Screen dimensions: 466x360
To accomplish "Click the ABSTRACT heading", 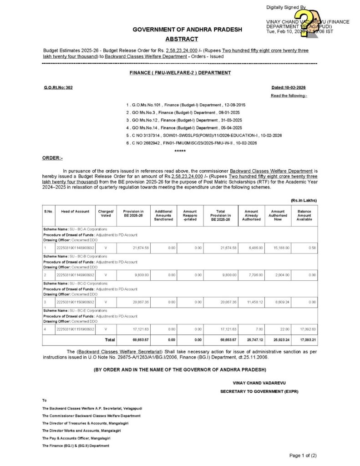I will [x=182, y=39].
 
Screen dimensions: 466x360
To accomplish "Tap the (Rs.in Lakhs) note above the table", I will [x=304, y=200].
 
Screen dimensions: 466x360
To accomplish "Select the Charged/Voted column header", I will [x=105, y=213].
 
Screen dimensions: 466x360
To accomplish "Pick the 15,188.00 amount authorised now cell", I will [x=278, y=248].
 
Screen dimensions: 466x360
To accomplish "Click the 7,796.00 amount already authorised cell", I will [x=252, y=275].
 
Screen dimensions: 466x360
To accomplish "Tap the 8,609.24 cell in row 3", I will [x=278, y=302].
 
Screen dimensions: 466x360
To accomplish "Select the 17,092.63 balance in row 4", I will [x=304, y=329].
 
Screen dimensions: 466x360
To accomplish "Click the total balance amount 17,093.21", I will [x=304, y=339].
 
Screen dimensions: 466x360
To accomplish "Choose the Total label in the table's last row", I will [x=110, y=339].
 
